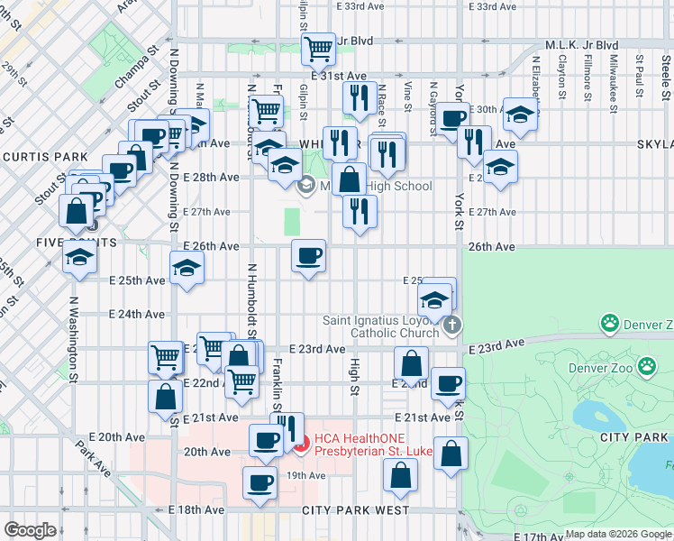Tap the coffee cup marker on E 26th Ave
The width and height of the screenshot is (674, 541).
(x=309, y=256)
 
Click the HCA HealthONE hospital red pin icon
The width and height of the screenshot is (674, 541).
(x=301, y=443)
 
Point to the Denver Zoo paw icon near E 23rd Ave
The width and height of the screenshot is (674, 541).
(x=646, y=366)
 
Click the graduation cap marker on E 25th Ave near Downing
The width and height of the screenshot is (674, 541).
(x=187, y=268)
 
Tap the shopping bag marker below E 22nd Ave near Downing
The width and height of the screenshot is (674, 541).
(x=167, y=395)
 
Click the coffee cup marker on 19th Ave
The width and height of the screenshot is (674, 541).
(x=260, y=481)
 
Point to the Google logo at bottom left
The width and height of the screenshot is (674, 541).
(x=30, y=530)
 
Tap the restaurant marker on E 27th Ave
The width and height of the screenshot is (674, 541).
(x=360, y=211)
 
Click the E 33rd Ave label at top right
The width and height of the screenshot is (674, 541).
(x=496, y=6)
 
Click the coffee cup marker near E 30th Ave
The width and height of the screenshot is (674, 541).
(x=453, y=117)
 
